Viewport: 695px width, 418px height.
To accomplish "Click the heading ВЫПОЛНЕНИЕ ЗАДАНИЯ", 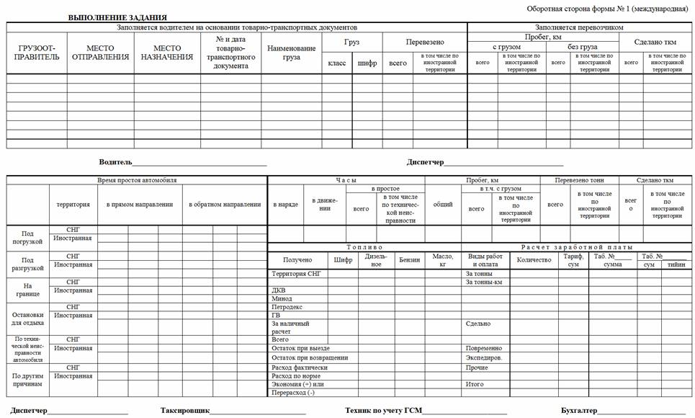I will [x=117, y=17].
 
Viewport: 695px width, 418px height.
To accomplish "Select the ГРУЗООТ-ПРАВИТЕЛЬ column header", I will [x=37, y=53].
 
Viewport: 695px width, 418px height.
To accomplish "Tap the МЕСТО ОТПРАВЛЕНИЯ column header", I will [x=100, y=53].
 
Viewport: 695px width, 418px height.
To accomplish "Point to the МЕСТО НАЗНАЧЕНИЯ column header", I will [x=167, y=53].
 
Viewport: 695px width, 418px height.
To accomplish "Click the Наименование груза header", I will [x=291, y=53].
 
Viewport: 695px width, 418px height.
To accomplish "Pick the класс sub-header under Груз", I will [x=336, y=63].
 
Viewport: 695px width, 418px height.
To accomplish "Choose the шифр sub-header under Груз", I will [x=367, y=63].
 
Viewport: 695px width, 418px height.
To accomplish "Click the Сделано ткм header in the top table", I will [x=653, y=42].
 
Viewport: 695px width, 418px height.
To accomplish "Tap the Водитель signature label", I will [x=115, y=162].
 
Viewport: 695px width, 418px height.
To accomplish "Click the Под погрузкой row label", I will [x=28, y=237].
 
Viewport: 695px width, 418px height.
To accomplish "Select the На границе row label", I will [x=28, y=290].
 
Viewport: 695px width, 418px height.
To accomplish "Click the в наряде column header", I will [x=285, y=205].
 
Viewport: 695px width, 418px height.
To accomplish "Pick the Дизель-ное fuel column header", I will [x=376, y=259].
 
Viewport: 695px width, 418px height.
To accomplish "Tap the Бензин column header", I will [x=409, y=259].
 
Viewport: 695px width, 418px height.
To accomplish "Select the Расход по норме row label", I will [x=295, y=375].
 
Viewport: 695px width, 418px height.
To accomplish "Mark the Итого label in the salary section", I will [x=475, y=384].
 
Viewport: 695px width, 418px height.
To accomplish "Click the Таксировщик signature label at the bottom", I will [x=185, y=410].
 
